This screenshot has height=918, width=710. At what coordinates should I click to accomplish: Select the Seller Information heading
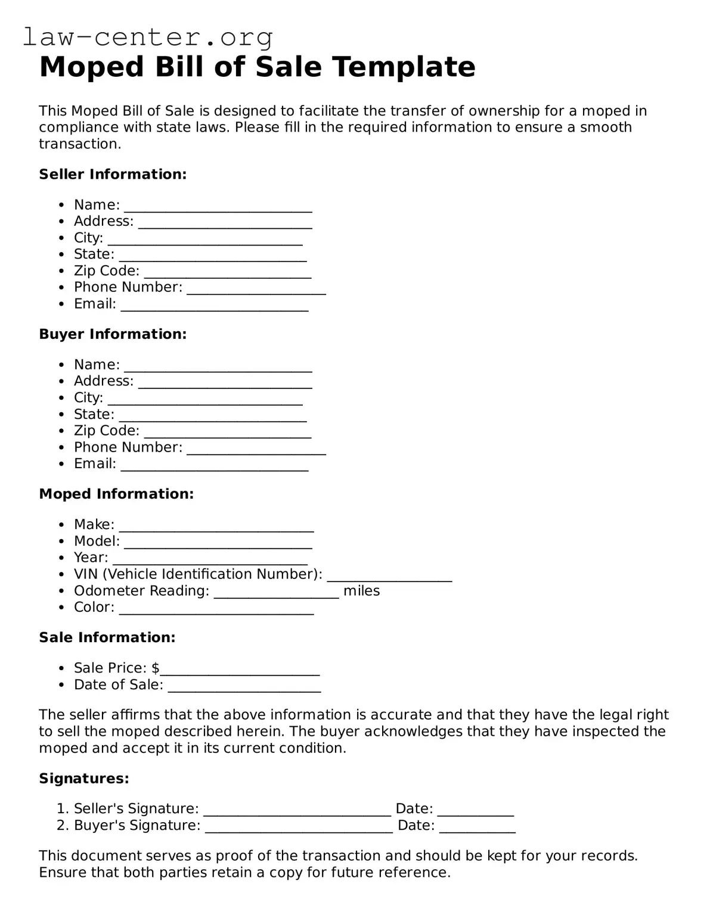[x=113, y=175]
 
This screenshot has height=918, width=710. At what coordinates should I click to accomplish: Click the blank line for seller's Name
[x=218, y=206]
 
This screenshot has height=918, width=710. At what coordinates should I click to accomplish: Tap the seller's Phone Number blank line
[x=256, y=288]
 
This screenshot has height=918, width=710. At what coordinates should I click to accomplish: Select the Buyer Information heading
[x=113, y=334]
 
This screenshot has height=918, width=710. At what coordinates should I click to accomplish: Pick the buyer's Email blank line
[x=215, y=465]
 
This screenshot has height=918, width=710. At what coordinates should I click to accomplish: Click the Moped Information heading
[x=116, y=494]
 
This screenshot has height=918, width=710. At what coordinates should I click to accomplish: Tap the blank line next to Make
[x=216, y=525]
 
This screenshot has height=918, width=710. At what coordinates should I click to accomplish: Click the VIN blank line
[x=389, y=575]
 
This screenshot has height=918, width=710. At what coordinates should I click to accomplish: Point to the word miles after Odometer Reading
[x=361, y=591]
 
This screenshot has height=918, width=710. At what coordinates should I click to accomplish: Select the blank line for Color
[x=216, y=608]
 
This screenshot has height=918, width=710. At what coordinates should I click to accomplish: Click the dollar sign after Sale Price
[x=156, y=668]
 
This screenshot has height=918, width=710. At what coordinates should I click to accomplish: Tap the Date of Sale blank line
[x=244, y=686]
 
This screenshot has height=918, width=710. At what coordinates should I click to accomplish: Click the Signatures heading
[x=84, y=779]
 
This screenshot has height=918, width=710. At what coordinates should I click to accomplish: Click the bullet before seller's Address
[x=61, y=222]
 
